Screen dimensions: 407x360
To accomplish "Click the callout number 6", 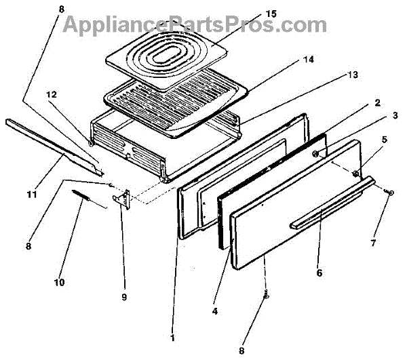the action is click(320, 274).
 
